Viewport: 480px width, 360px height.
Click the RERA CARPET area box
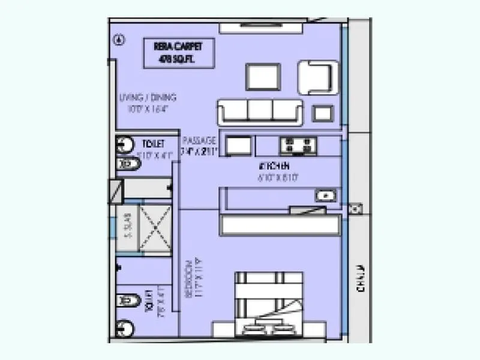170,52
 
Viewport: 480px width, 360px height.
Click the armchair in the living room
314,76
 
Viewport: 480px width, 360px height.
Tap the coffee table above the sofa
263,77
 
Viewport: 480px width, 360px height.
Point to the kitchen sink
326,195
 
